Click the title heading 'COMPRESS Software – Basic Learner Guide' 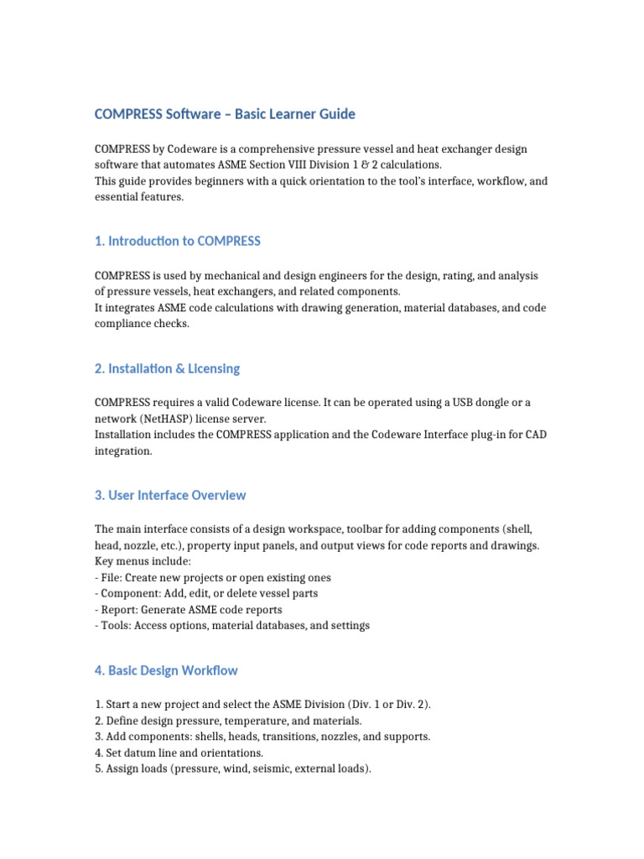tap(225, 113)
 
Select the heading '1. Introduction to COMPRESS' tap(178, 241)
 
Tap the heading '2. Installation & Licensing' tap(167, 368)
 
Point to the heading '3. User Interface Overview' tap(170, 495)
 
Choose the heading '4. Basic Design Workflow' tap(166, 670)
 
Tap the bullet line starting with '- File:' tap(213, 578)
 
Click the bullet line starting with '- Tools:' tap(232, 626)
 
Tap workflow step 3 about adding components tap(262, 737)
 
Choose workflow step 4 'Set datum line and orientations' tap(179, 752)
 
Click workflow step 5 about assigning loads tap(232, 768)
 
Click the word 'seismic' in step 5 tap(274, 768)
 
